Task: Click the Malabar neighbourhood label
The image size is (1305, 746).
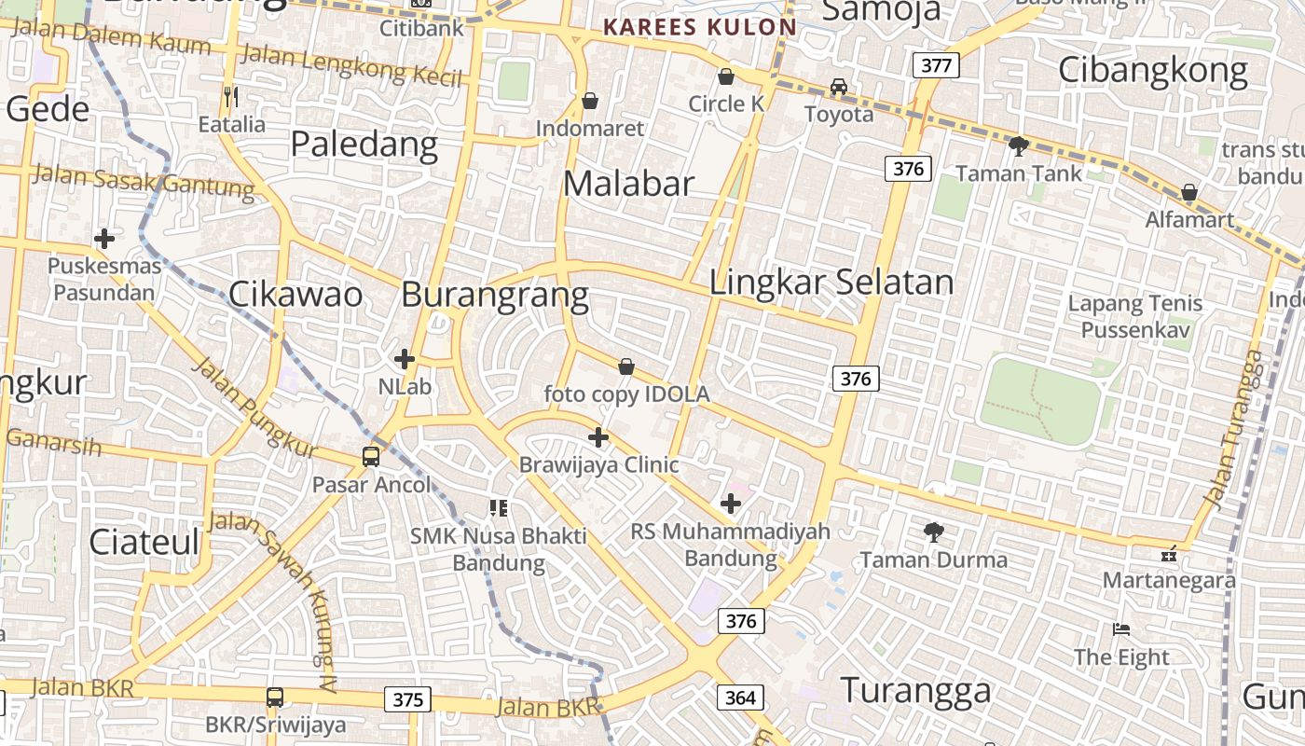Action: (629, 184)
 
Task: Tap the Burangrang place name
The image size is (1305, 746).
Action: (495, 295)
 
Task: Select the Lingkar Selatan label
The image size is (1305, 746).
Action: (831, 282)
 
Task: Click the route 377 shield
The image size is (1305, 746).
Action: (935, 65)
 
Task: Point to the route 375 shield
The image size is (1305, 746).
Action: (407, 699)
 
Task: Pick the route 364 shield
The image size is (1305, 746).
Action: (741, 698)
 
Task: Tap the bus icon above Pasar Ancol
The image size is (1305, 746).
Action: (371, 457)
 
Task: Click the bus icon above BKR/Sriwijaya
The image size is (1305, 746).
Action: (275, 697)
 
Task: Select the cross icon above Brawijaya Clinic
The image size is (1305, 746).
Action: (598, 436)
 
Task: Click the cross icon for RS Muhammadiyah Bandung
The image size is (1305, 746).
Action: (731, 504)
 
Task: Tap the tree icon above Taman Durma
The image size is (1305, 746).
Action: (933, 532)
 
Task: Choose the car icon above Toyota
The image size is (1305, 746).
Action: (839, 87)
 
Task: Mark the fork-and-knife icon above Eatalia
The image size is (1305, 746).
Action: (231, 96)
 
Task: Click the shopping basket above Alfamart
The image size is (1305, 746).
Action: (1188, 193)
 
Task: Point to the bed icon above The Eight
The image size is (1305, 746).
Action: (1121, 629)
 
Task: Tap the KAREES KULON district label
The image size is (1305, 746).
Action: (699, 27)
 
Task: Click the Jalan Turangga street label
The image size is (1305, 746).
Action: (1236, 430)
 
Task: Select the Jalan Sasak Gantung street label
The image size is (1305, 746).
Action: (144, 182)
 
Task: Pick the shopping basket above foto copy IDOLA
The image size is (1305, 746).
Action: (626, 366)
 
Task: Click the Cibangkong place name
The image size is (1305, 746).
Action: (1153, 71)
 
